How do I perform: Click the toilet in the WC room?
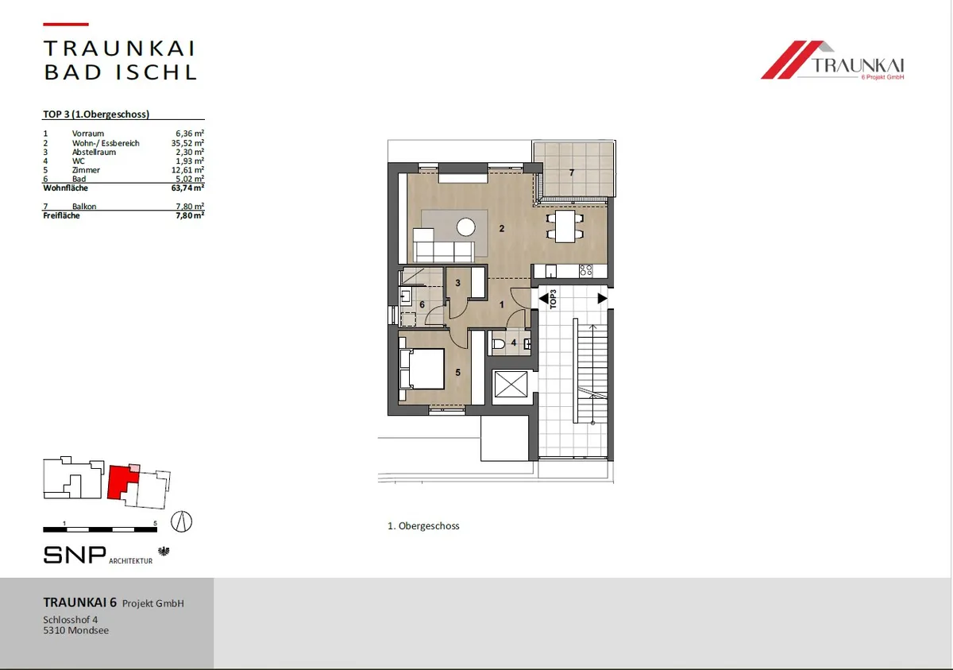coord(498,344)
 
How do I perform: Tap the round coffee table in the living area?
coord(466,227)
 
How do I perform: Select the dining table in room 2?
coord(565,227)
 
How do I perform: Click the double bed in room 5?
coord(422,369)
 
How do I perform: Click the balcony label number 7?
coord(571,172)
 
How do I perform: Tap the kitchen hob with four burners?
coord(586,270)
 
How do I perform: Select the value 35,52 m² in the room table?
coord(187,143)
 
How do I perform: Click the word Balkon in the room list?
coord(84,206)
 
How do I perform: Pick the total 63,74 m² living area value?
coord(187,188)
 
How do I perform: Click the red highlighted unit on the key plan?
coord(122,482)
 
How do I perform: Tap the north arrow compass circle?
coord(181,521)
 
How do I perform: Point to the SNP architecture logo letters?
coord(75,555)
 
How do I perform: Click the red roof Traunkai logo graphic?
coord(791,60)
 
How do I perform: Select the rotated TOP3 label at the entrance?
coord(553,299)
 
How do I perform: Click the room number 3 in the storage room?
coord(457,283)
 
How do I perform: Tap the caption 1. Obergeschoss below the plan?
coord(423,525)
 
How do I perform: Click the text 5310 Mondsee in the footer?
coord(75,630)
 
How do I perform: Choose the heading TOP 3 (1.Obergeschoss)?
coord(96,114)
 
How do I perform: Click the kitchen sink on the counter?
coord(551,271)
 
